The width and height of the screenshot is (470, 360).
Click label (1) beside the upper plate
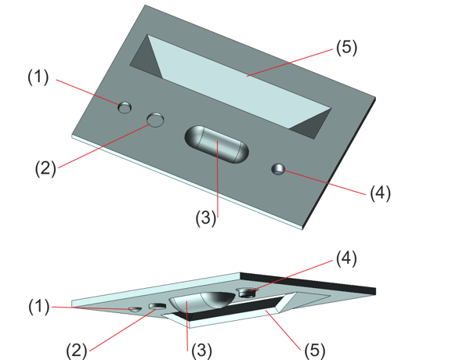(38, 77)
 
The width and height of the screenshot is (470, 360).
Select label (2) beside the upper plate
(45, 167)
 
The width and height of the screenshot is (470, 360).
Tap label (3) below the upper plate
(205, 220)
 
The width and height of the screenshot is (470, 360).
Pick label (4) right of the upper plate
(380, 193)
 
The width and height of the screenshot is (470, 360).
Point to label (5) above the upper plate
(345, 47)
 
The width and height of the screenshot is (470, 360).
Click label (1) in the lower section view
(38, 307)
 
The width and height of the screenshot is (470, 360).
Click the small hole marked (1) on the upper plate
(125, 107)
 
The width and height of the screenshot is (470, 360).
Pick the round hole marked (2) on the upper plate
(156, 120)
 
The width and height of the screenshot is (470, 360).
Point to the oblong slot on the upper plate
(217, 144)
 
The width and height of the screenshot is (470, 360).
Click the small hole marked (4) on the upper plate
(278, 169)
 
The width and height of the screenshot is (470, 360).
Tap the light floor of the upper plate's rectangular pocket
(243, 86)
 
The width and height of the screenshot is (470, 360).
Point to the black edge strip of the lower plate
(313, 283)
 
